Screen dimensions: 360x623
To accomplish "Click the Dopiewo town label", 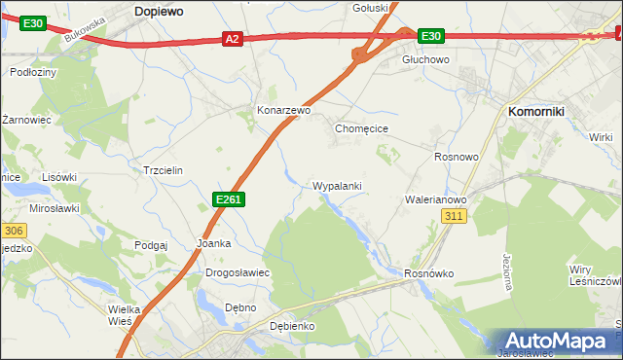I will (161, 9).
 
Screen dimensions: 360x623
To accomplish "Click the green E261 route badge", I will (228, 199).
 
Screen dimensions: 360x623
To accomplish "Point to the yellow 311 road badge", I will (454, 216).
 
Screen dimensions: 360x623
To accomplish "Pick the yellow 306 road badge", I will (12, 231).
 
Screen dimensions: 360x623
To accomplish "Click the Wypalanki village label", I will (337, 185).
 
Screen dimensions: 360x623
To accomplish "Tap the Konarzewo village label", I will (283, 111).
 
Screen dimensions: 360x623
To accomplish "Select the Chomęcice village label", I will (362, 127).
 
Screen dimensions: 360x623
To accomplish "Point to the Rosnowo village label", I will (457, 157).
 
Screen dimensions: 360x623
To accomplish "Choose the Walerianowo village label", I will (436, 199).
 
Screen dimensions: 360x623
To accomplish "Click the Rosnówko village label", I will (429, 273).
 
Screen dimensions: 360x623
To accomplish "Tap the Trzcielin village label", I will (163, 169).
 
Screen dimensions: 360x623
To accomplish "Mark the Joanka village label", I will (213, 243).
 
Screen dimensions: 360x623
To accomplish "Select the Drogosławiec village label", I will (237, 272).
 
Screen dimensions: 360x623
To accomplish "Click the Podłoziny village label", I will (32, 72).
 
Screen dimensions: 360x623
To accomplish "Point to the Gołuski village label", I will (370, 7).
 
